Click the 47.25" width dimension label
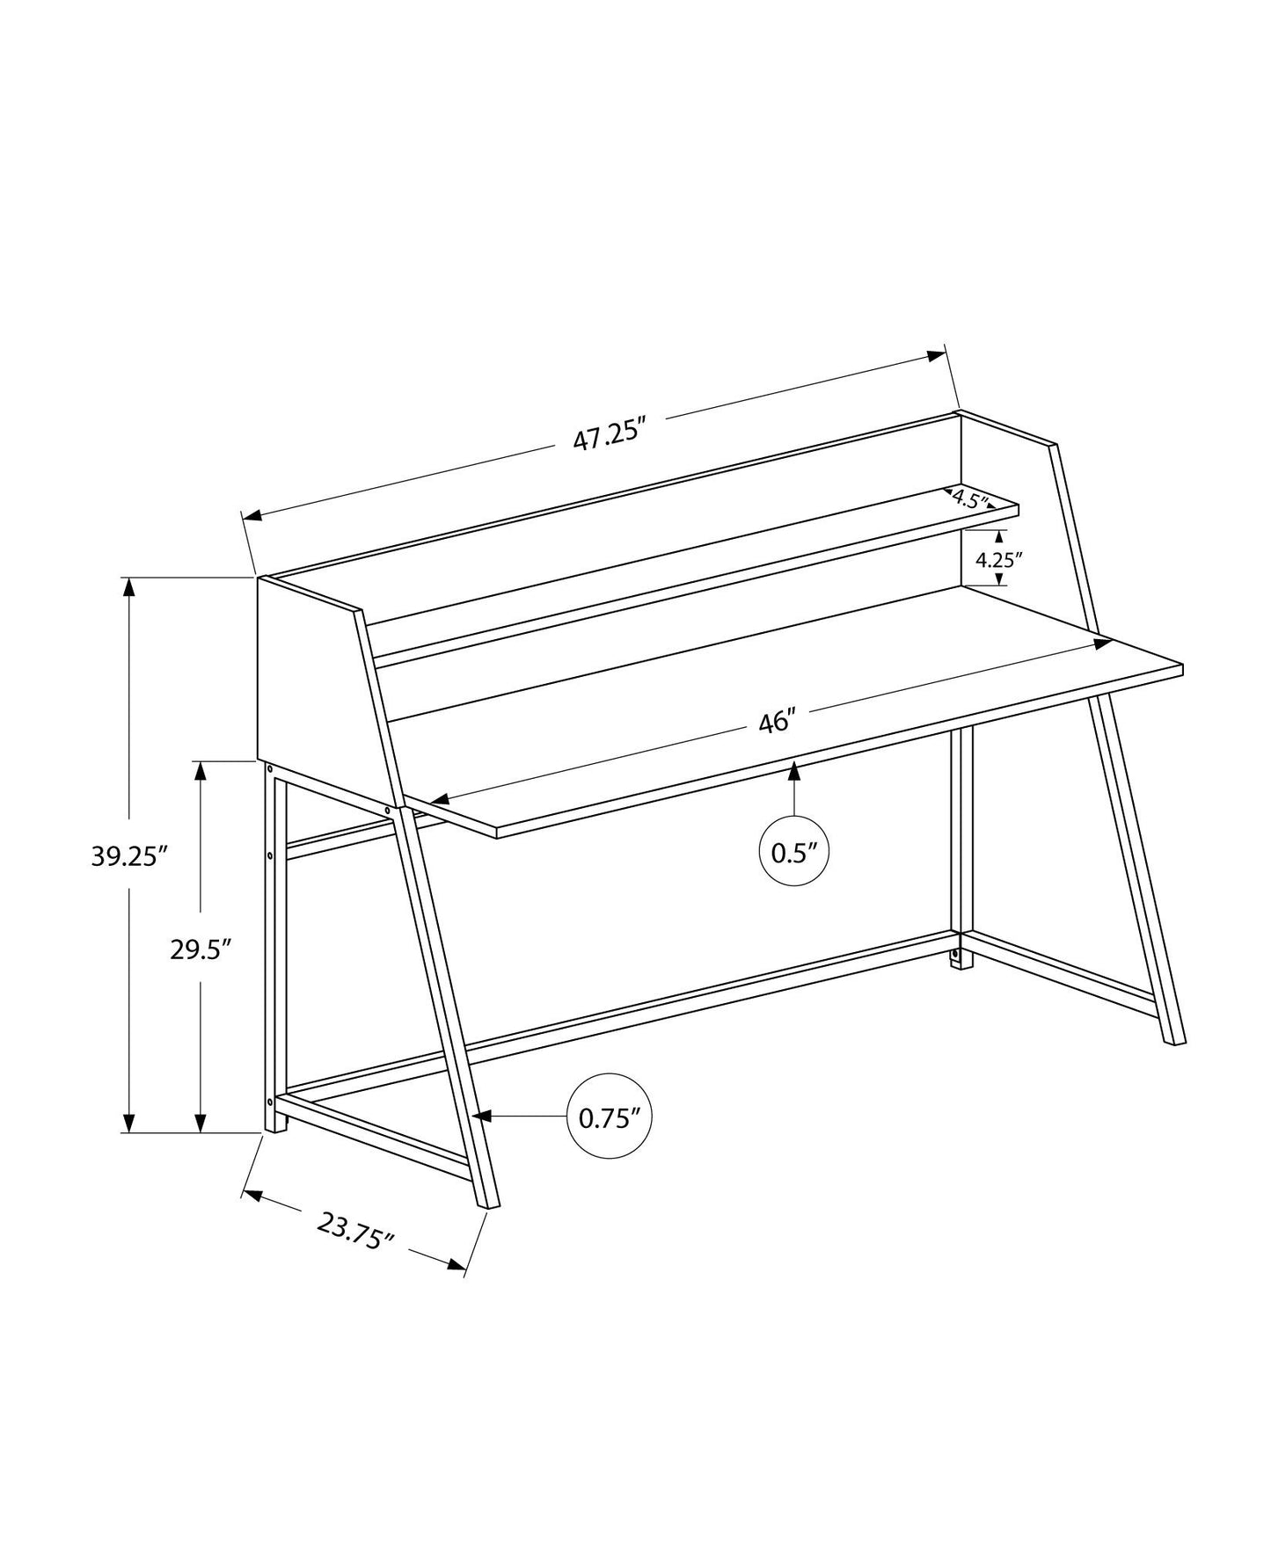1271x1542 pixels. coord(610,437)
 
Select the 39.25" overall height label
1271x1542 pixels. coord(129,855)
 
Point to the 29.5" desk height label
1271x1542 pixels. coord(201,949)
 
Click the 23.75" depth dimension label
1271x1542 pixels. coord(354,1232)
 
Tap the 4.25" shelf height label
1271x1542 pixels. coord(999,559)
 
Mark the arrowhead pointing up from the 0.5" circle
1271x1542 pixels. coord(794,771)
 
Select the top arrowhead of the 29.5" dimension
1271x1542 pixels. coord(201,771)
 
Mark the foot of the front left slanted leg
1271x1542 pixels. coord(488,1204)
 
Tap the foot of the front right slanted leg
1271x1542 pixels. coord(1175,1041)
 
